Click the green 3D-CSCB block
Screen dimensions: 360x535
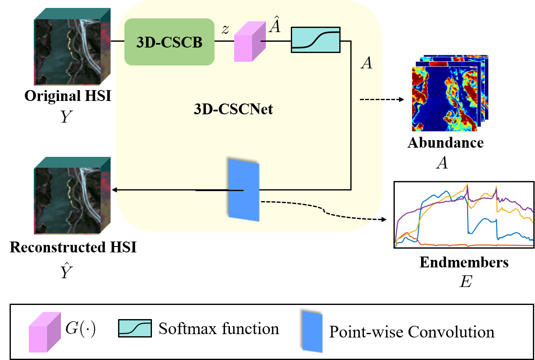(169, 42)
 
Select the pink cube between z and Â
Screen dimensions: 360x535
(249, 43)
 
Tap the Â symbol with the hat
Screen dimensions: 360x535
(275, 27)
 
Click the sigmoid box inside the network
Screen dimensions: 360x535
(315, 40)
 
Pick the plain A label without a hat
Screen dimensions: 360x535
(366, 63)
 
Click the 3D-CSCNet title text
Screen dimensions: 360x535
(233, 109)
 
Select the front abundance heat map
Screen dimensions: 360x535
(444, 99)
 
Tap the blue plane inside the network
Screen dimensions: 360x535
(244, 190)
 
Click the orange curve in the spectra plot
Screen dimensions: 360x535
(459, 245)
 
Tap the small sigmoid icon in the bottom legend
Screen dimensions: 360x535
(135, 328)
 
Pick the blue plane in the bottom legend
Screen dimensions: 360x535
(313, 332)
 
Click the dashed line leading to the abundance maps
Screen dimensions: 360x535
(371, 99)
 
